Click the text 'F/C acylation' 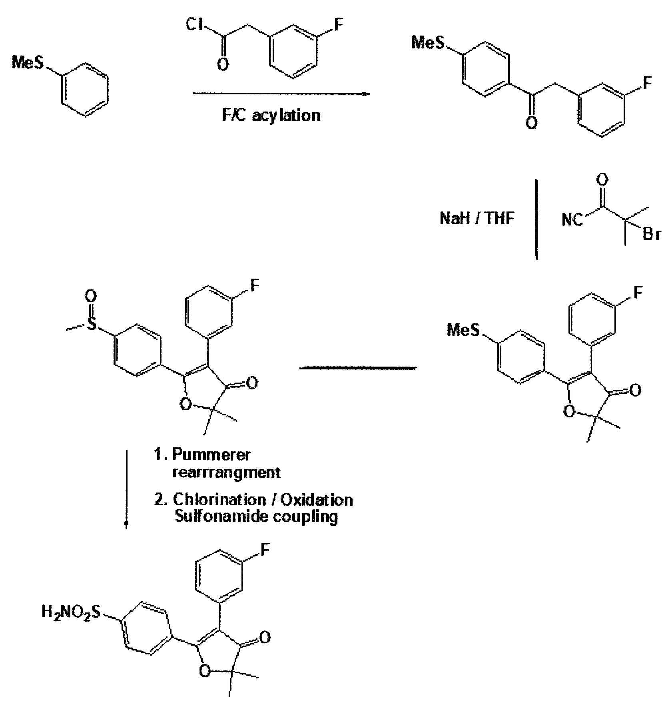point(271,116)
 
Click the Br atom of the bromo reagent point(651,233)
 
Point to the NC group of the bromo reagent point(572,219)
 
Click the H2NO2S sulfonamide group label point(72,612)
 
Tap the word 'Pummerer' point(211,455)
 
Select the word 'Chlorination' point(219,500)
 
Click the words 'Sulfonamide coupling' point(256,517)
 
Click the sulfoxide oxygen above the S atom point(91,297)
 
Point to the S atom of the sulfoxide point(92,323)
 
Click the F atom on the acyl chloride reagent point(338,25)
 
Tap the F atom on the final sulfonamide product point(265,550)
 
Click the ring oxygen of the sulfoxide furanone point(185,404)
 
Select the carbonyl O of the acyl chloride point(223,64)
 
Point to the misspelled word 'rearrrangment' point(226,473)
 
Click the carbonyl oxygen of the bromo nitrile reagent point(602,179)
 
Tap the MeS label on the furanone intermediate point(463,330)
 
